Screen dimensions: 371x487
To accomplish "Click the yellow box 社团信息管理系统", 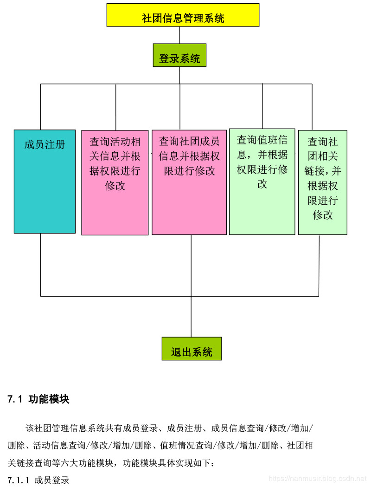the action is (183, 15).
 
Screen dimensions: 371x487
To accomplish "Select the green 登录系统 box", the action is (179, 55).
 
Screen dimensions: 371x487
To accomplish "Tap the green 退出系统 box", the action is (192, 349).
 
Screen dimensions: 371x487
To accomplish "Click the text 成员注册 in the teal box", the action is (45, 144).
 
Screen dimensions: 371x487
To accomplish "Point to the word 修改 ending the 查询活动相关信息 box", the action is (115, 186).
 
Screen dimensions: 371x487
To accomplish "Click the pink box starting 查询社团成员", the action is (189, 182).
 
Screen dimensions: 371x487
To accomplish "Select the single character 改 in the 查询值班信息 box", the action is (262, 184).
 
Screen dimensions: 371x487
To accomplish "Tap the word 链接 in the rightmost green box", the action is (314, 171).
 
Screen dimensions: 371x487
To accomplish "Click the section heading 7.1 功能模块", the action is (38, 399).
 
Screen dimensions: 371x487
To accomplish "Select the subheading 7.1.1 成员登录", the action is (38, 480).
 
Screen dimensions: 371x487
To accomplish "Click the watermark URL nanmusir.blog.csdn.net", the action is (317, 479).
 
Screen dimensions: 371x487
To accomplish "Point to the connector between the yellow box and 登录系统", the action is (179, 35).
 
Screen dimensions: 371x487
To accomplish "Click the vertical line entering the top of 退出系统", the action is (191, 317).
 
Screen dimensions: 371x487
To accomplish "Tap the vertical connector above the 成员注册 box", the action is (41, 107).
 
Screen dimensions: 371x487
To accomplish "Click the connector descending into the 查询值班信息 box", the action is (262, 106).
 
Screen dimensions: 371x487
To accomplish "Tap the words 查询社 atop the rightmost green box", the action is (323, 142).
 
